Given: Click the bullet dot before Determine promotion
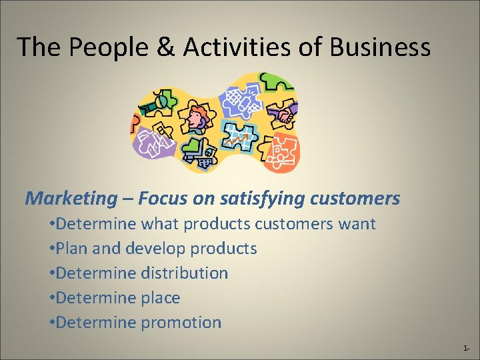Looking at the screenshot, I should (x=52, y=323).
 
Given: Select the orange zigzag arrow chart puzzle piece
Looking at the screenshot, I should (x=237, y=136).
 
